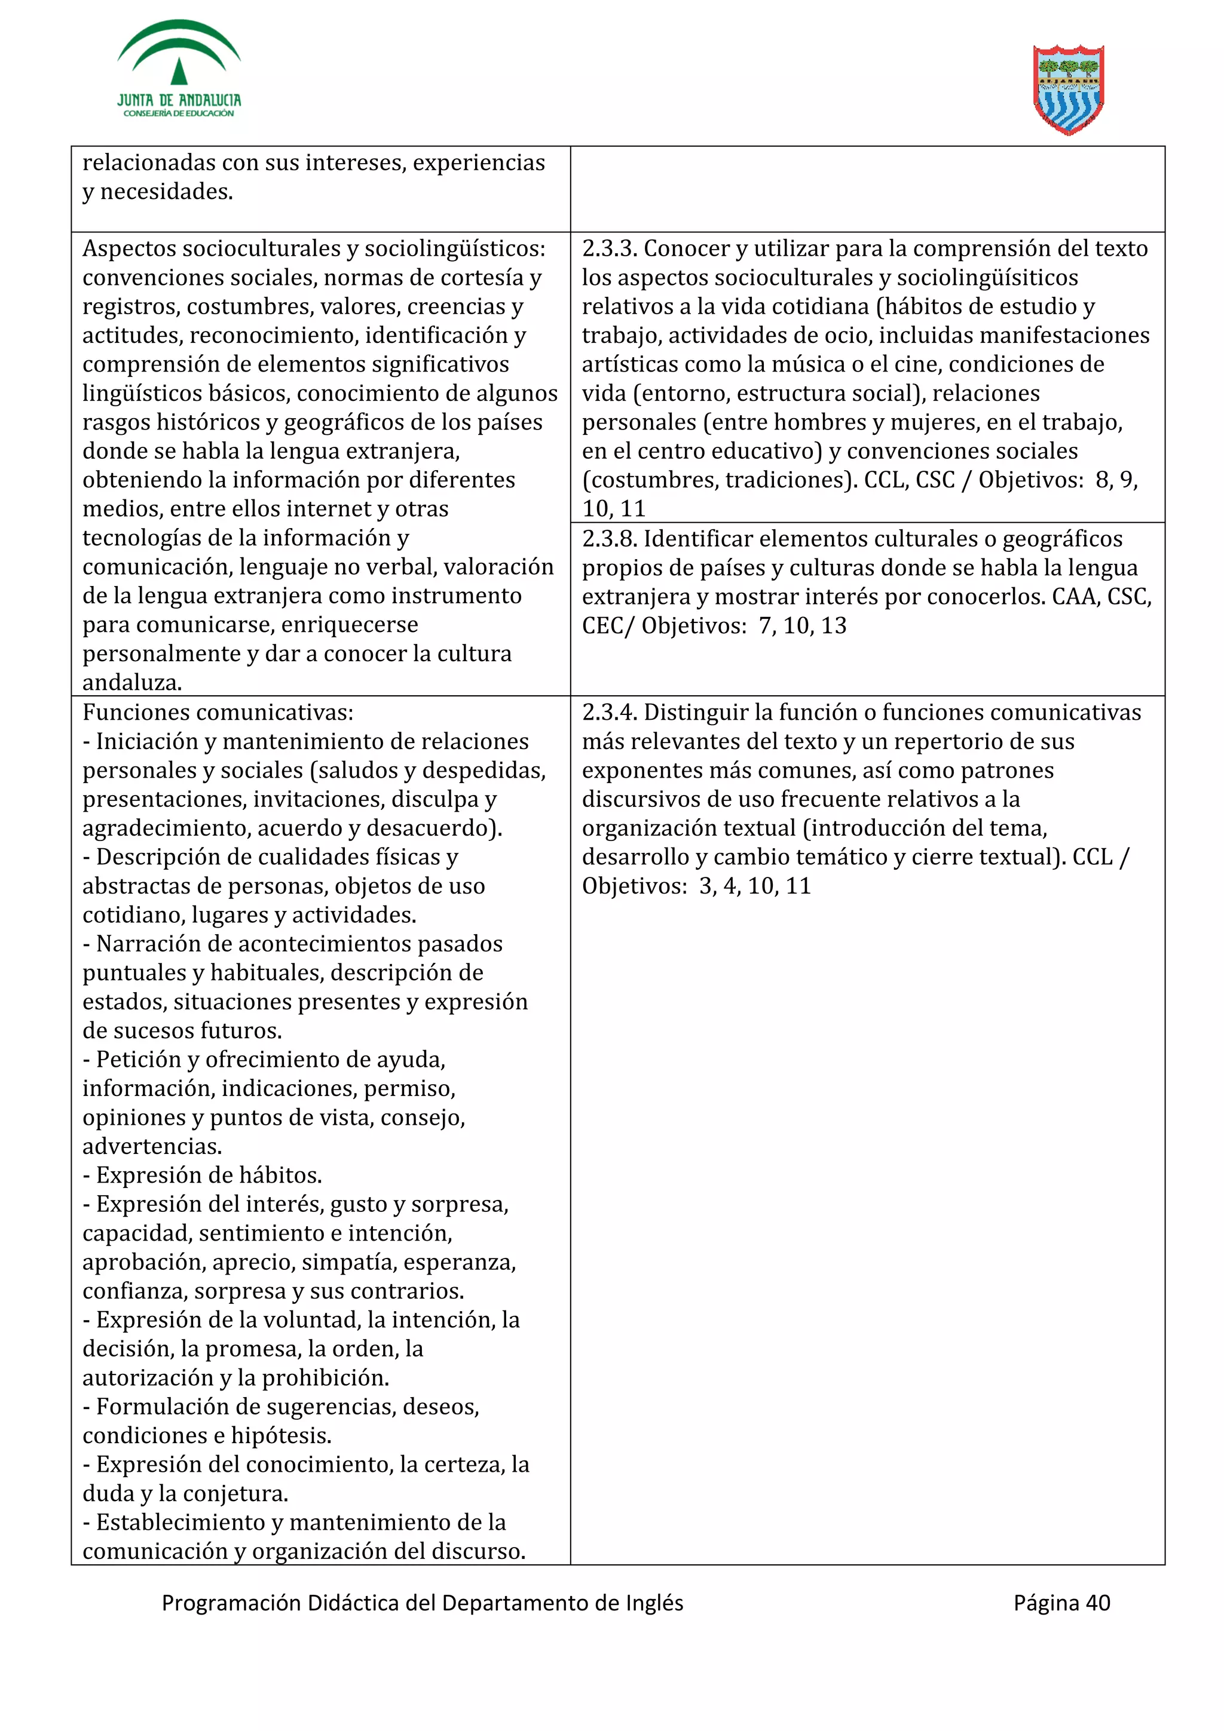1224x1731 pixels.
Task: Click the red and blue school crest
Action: (1068, 90)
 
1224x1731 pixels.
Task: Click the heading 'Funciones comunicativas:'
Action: (218, 712)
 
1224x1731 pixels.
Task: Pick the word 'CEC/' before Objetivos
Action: (608, 626)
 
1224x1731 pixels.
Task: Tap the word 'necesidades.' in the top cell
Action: (166, 192)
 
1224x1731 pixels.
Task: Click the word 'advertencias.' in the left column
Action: (152, 1146)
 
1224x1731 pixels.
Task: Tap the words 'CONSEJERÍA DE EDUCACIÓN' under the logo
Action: (179, 113)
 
